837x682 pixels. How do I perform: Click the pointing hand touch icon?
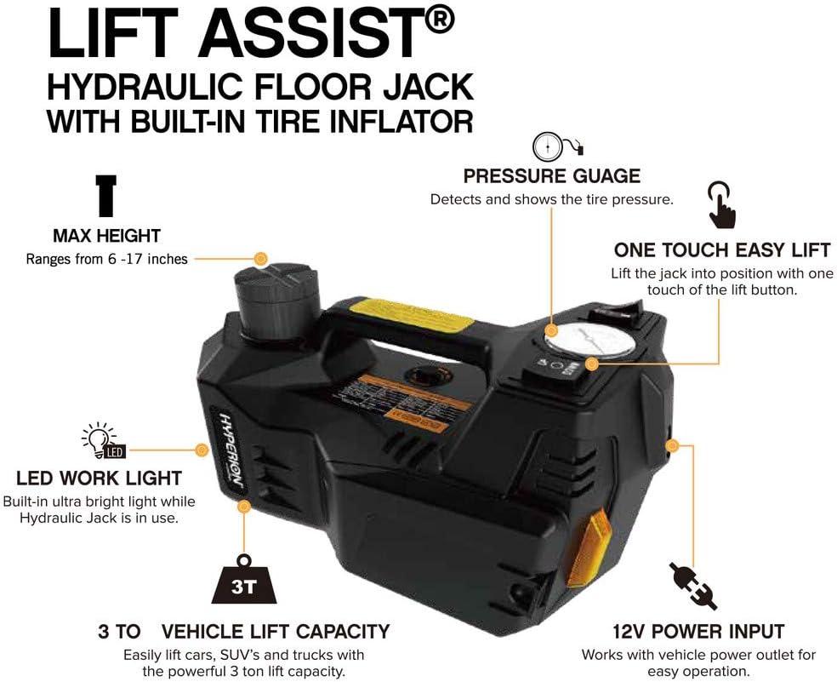click(720, 203)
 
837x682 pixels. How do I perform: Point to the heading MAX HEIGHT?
click(106, 236)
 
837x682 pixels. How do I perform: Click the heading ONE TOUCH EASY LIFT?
click(721, 250)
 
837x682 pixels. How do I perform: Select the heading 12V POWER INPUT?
click(697, 632)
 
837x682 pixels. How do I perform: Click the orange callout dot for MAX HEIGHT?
click(260, 258)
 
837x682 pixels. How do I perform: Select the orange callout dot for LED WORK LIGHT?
click(202, 450)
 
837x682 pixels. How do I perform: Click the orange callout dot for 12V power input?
click(673, 444)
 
